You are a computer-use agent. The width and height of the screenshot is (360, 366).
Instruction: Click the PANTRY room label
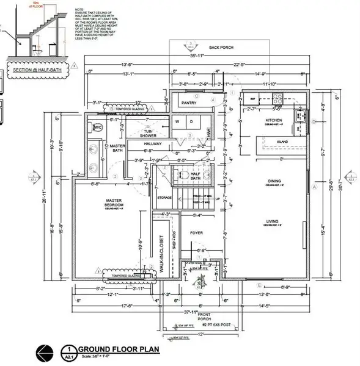(190, 103)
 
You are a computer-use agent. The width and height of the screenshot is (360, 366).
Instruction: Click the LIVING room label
(272, 222)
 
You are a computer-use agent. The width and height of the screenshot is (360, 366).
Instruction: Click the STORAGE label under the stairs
(164, 197)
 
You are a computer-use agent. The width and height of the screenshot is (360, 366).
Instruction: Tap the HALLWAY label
(152, 143)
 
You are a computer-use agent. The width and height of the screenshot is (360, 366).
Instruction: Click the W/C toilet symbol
(97, 127)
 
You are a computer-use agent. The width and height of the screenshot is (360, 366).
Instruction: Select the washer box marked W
(178, 121)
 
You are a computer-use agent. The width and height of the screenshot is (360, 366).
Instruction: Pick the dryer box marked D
(191, 121)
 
